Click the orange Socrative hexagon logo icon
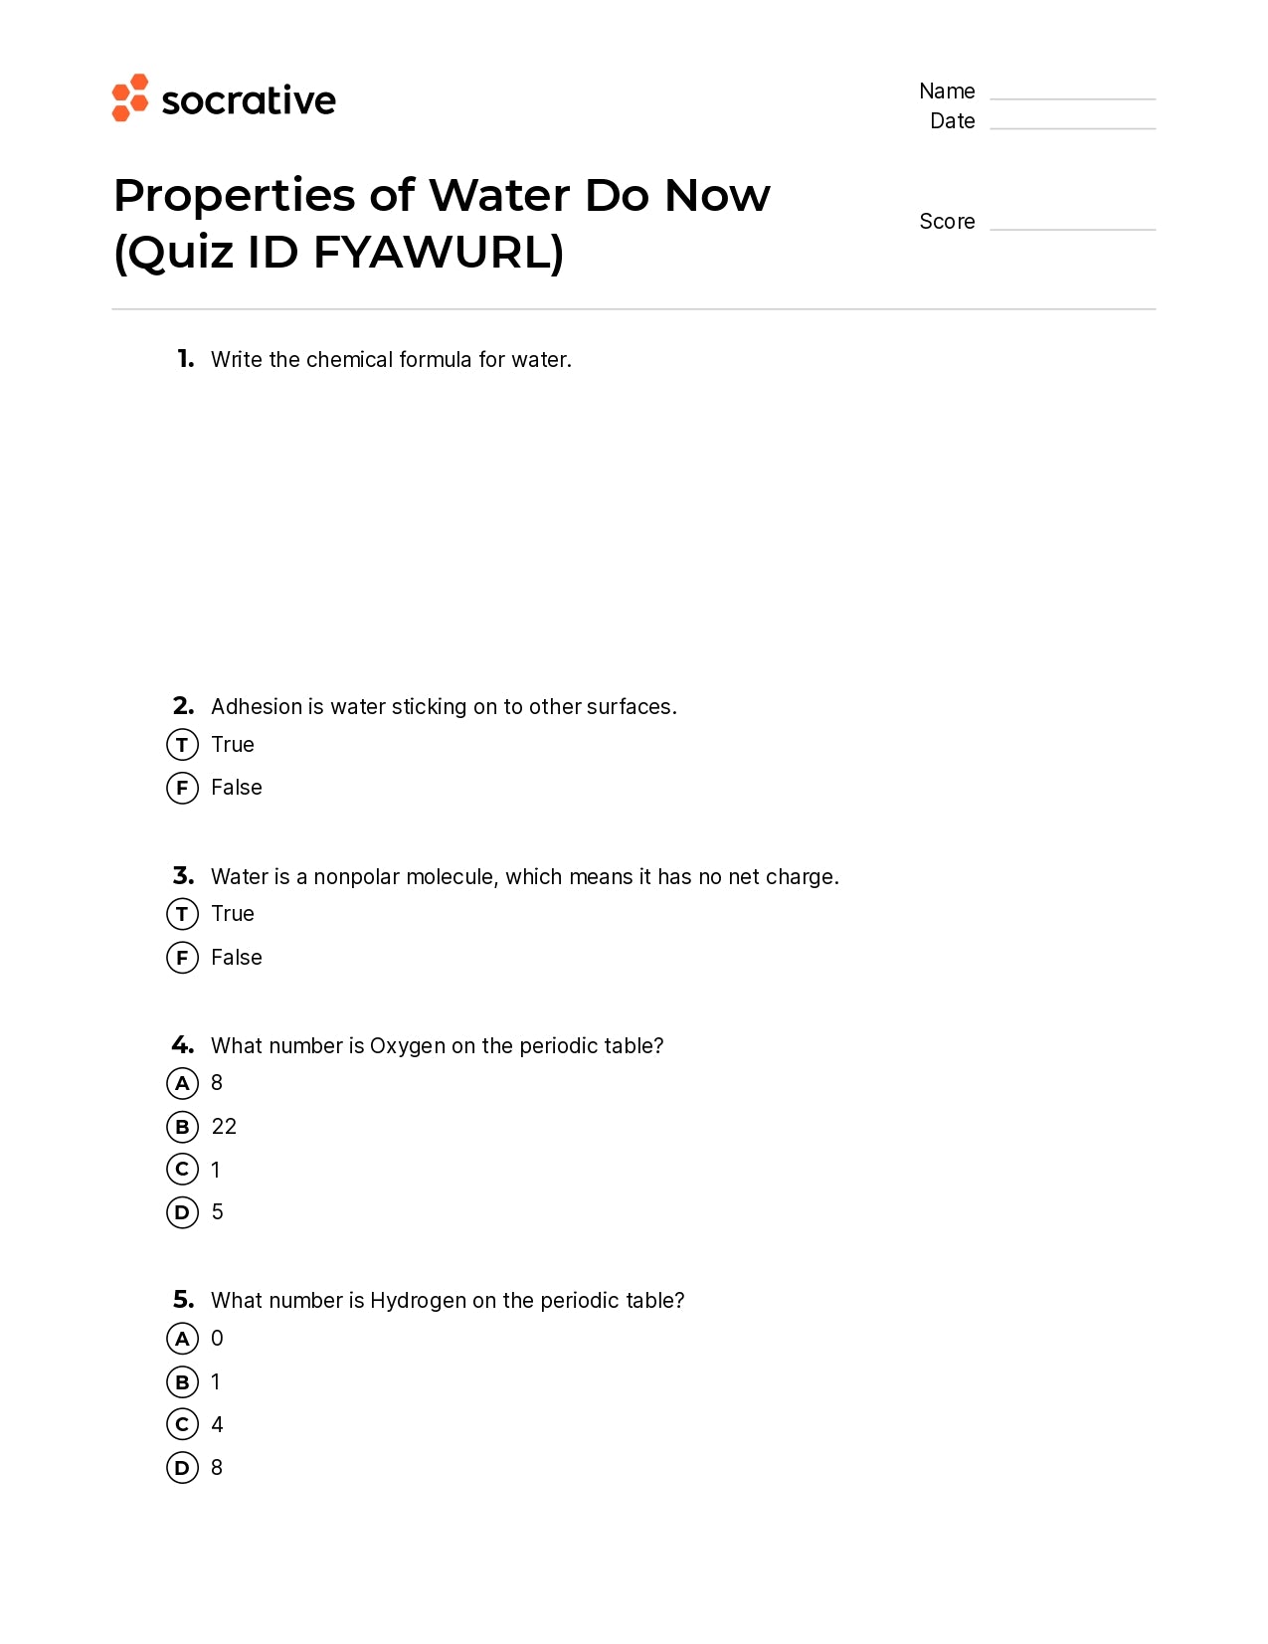pyautogui.click(x=129, y=97)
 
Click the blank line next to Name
pyautogui.click(x=1072, y=97)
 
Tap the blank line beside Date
pyautogui.click(x=1072, y=127)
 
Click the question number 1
pyautogui.click(x=185, y=359)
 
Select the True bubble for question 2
pyautogui.click(x=182, y=744)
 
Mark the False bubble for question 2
pyautogui.click(x=182, y=788)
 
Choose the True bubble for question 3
pyautogui.click(x=182, y=914)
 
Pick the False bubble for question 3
pyautogui.click(x=182, y=958)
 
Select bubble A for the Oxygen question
pyautogui.click(x=182, y=1083)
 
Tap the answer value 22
pyautogui.click(x=224, y=1127)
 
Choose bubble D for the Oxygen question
pyautogui.click(x=182, y=1212)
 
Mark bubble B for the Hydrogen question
pyautogui.click(x=182, y=1382)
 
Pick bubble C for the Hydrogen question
pyautogui.click(x=182, y=1425)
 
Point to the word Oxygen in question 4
pyautogui.click(x=408, y=1046)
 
